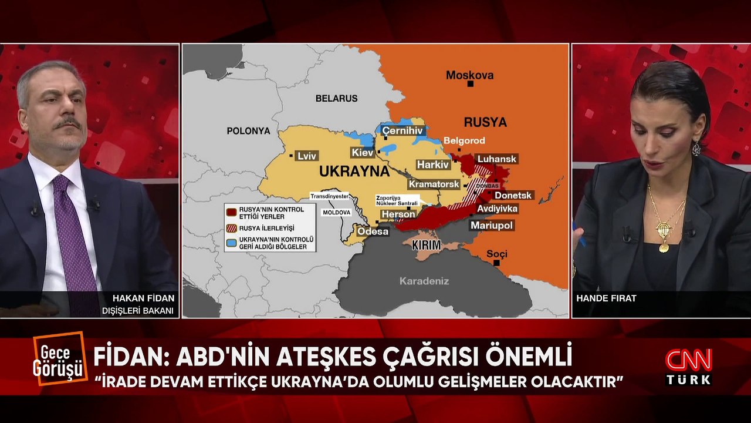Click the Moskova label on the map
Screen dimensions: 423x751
[x=469, y=75]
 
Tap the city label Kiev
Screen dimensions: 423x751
[x=362, y=153]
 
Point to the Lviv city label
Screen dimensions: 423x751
[x=307, y=156]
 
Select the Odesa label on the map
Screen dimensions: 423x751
[x=373, y=231]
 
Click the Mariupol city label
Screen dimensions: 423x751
[x=492, y=225]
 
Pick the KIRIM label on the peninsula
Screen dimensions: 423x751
[x=426, y=245]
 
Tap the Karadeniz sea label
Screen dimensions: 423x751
[x=424, y=281]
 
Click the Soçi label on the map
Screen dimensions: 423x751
[x=496, y=254]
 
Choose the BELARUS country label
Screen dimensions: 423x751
[x=336, y=99]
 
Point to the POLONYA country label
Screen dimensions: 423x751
[x=248, y=130]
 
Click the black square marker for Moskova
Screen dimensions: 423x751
[x=470, y=84]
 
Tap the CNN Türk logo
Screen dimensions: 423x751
[x=688, y=366]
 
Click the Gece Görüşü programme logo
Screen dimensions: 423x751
[x=60, y=358]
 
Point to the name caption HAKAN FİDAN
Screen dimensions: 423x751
[x=138, y=298]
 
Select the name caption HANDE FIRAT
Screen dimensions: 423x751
[x=606, y=298]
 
